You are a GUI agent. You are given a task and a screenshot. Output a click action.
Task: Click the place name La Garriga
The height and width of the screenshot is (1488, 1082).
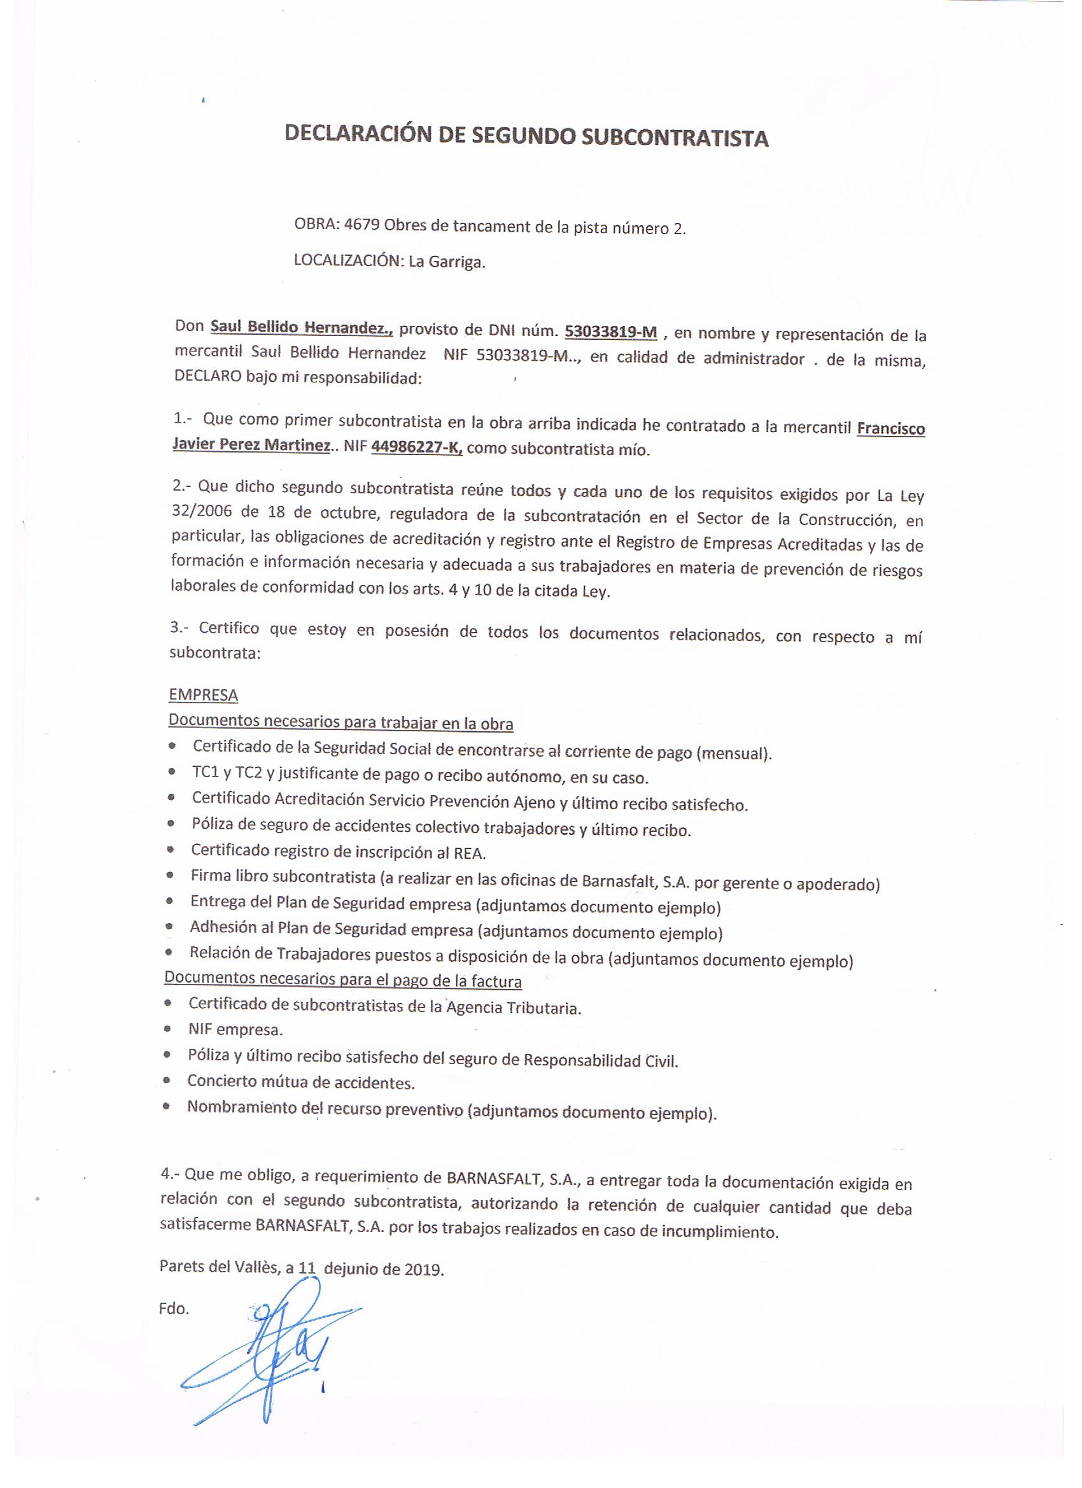(446, 262)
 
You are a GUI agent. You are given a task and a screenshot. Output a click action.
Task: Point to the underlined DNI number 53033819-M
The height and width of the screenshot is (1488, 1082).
(611, 332)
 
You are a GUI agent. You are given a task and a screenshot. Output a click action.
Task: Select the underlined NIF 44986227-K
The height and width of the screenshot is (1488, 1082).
(417, 448)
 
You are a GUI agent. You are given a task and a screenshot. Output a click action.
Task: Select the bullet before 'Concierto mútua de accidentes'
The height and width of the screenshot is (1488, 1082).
(169, 1080)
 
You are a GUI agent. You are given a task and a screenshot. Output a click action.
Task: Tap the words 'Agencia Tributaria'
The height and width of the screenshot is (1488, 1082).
(514, 1007)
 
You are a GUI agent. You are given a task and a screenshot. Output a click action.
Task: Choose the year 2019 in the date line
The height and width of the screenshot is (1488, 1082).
(423, 1269)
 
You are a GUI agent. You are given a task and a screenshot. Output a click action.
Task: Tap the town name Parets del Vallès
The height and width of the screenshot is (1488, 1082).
(219, 1267)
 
